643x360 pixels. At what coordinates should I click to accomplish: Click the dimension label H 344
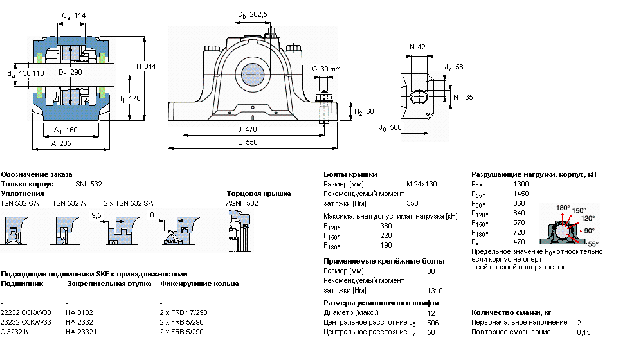point(146,66)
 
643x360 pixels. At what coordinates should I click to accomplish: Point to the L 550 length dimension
point(248,142)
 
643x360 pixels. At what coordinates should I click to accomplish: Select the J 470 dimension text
point(248,129)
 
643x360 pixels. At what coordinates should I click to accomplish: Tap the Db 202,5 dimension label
point(253,15)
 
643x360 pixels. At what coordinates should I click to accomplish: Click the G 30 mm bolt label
point(326,69)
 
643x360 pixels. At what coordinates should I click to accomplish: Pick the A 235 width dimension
point(61,143)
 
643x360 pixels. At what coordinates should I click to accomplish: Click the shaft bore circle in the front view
point(252,75)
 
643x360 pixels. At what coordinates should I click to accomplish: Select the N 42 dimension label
point(417,47)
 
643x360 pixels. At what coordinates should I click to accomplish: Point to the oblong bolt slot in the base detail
point(419,97)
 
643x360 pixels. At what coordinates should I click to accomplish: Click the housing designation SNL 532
point(89,184)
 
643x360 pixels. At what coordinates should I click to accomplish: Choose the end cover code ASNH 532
point(242,203)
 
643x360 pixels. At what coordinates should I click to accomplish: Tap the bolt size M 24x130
point(422,184)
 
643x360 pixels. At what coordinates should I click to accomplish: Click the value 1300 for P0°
point(521,184)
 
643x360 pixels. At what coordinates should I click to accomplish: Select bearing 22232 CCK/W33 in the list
point(26,312)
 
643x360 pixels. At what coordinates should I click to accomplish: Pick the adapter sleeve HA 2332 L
point(82,332)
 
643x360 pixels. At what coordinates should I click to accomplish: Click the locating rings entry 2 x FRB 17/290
point(184,312)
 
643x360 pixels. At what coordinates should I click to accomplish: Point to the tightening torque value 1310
point(435,291)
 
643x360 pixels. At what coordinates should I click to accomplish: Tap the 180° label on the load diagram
point(563,208)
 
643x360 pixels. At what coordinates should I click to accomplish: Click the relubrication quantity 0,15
point(584,332)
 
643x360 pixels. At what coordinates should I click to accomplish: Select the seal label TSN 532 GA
point(20,203)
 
